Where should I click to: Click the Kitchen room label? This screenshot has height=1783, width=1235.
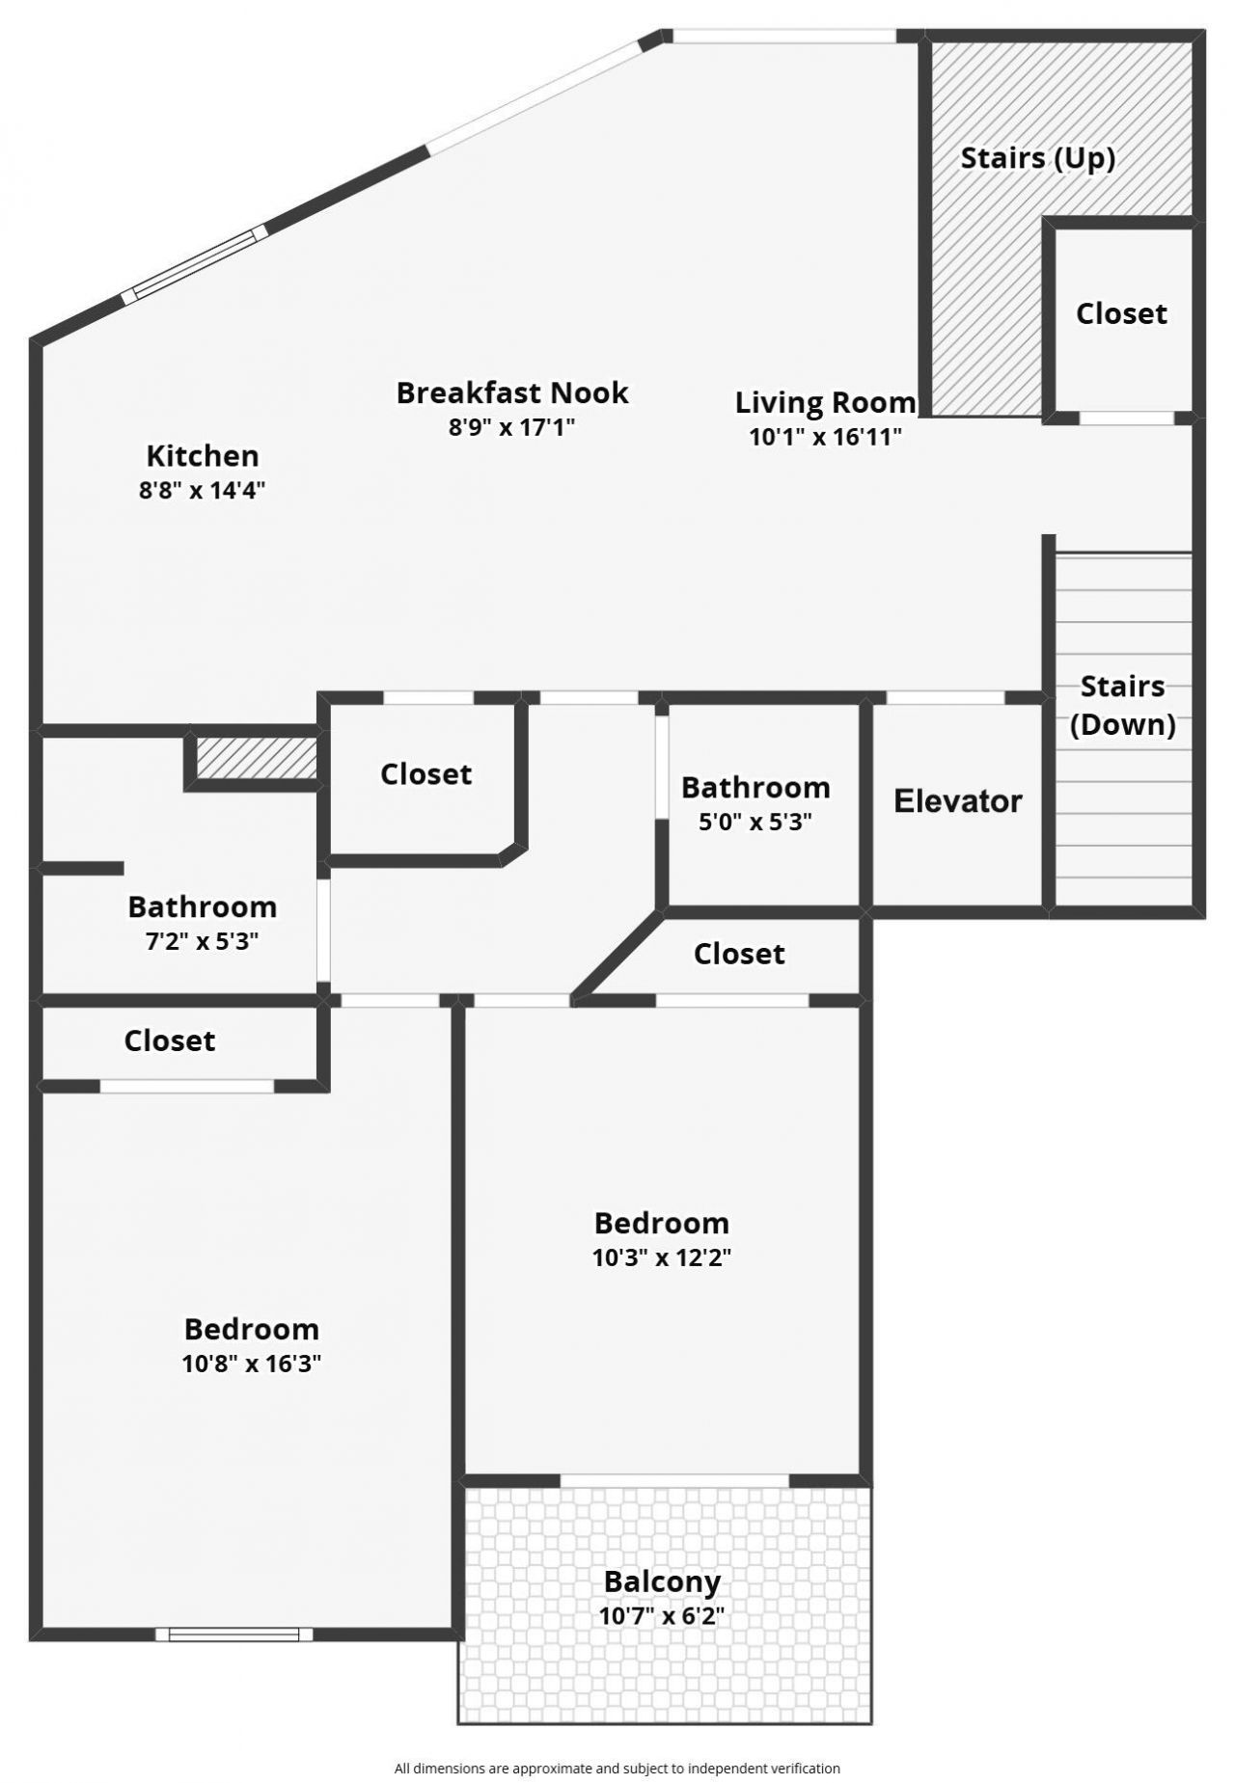203,455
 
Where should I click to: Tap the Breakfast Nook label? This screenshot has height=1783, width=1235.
512,392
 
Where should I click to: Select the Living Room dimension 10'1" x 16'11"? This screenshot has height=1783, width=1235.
825,437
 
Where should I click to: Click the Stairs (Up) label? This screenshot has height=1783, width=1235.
1038,158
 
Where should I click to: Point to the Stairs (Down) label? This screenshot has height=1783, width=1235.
1123,706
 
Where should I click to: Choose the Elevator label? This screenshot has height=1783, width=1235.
957,801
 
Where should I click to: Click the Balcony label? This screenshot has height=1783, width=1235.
662,1581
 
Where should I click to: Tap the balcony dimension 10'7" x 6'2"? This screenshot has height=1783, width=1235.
662,1615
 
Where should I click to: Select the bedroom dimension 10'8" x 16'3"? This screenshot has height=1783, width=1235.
251,1364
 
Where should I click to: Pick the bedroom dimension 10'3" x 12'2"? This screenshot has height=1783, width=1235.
661,1257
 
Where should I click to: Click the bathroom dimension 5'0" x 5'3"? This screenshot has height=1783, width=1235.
755,822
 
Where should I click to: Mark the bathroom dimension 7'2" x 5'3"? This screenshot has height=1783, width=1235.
202,941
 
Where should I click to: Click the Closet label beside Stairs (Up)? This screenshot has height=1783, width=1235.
1121,313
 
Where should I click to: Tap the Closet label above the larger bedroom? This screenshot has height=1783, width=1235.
170,1040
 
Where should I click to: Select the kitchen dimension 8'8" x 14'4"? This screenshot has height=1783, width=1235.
203,490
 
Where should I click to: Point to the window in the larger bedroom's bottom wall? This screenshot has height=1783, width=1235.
234,1634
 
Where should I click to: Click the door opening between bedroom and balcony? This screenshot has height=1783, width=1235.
674,1480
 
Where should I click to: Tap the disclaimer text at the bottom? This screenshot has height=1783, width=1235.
617,1769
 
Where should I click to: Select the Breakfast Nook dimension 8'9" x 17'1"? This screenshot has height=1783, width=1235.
512,427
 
